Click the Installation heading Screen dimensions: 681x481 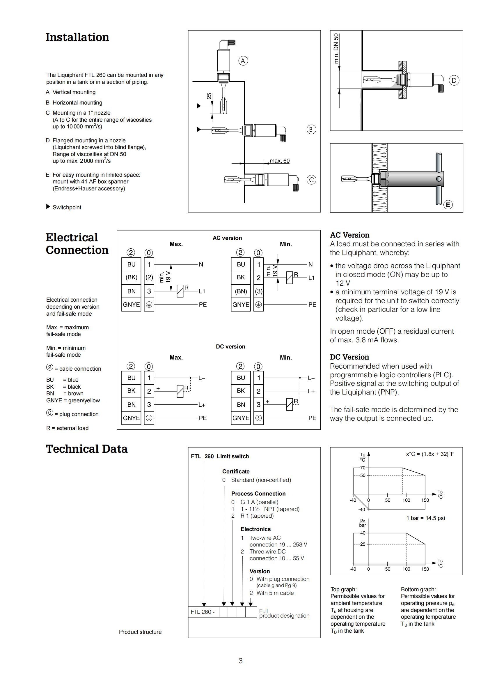pyautogui.click(x=77, y=37)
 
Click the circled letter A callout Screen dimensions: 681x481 pyautogui.click(x=243, y=61)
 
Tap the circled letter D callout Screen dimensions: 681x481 pyautogui.click(x=454, y=80)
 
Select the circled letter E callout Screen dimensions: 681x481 pyautogui.click(x=448, y=205)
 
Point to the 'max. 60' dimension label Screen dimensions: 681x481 pyautogui.click(x=279, y=161)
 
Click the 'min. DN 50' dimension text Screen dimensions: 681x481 pyautogui.click(x=336, y=48)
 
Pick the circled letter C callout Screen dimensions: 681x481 pyautogui.click(x=311, y=180)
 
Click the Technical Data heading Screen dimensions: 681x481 pyautogui.click(x=86, y=449)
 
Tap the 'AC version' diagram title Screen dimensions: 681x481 pyautogui.click(x=227, y=238)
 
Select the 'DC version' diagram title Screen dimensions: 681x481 pyautogui.click(x=230, y=346)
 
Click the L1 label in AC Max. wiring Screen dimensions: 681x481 pyautogui.click(x=202, y=291)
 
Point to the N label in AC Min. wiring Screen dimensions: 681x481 pyautogui.click(x=310, y=264)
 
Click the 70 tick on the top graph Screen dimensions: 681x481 pyautogui.click(x=363, y=468)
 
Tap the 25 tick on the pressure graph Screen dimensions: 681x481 pyautogui.click(x=363, y=544)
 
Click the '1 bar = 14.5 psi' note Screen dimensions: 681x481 pyautogui.click(x=425, y=518)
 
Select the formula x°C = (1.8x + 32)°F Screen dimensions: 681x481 pyautogui.click(x=430, y=454)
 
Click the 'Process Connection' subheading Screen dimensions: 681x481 pyautogui.click(x=258, y=493)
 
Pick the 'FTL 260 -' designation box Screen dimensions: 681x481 pyautogui.click(x=203, y=612)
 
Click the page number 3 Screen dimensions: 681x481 pyautogui.click(x=240, y=661)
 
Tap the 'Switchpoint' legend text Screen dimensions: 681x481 pyautogui.click(x=67, y=207)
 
